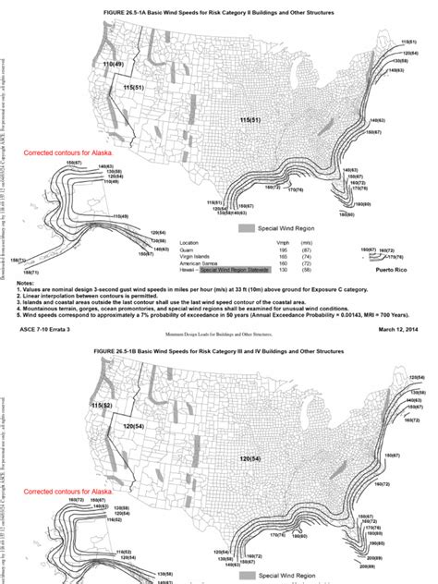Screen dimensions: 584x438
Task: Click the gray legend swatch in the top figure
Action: click(247, 227)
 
